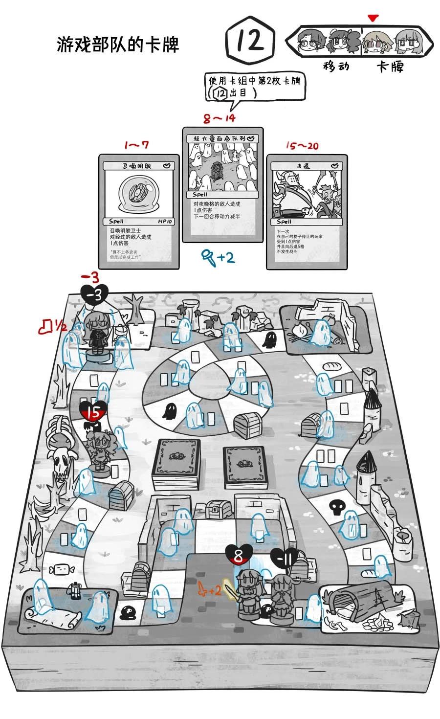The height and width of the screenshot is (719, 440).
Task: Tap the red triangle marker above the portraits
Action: click(374, 19)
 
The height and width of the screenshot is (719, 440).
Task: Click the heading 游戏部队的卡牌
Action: click(118, 45)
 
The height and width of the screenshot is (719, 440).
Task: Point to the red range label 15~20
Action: click(302, 146)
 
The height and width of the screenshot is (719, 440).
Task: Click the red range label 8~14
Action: click(220, 118)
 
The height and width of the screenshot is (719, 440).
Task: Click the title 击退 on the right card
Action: click(307, 166)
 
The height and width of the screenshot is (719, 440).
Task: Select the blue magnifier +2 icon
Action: click(218, 257)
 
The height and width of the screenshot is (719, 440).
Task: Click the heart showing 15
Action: click(93, 412)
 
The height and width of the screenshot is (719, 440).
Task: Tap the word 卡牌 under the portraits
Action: click(390, 66)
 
